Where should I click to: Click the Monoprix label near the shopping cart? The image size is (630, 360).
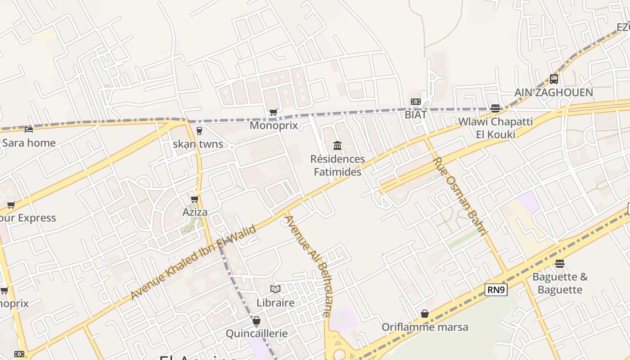(x=274, y=125)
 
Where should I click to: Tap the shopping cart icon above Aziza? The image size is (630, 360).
(x=195, y=199)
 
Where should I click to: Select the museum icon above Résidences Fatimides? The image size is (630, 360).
(x=337, y=145)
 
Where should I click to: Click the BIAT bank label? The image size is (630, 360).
(x=415, y=114)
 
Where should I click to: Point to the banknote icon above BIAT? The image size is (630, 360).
(x=416, y=102)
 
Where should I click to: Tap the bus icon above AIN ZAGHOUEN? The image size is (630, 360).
(x=554, y=79)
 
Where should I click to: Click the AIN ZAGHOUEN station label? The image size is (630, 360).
(x=553, y=93)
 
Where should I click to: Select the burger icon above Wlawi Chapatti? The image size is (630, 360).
(x=495, y=108)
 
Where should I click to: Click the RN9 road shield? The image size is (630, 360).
(x=496, y=290)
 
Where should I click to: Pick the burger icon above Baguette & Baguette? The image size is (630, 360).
(x=560, y=263)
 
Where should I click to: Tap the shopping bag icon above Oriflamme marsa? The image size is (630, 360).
(x=425, y=314)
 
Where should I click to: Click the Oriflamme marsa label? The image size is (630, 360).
(x=425, y=327)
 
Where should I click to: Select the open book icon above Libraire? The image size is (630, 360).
(x=275, y=289)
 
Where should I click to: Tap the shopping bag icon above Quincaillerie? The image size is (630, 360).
(x=256, y=320)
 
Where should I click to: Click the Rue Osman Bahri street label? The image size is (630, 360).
(x=460, y=196)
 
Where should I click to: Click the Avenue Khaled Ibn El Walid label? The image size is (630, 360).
(x=193, y=262)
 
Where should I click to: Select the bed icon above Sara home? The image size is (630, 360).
(x=29, y=130)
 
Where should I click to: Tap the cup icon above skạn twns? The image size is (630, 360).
(x=199, y=131)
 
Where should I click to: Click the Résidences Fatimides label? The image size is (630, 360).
(x=337, y=165)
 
